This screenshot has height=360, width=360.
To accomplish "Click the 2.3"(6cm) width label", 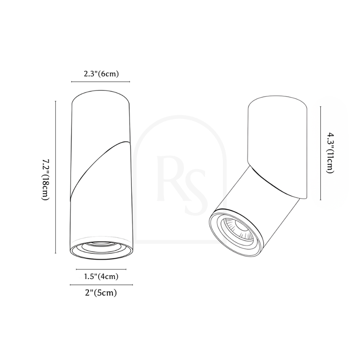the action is point(101,74).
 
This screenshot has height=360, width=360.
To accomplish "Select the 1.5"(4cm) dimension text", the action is point(101,276).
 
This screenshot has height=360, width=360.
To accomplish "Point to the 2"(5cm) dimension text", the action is point(101,293).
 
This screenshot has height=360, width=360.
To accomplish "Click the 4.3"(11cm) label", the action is point(330,153).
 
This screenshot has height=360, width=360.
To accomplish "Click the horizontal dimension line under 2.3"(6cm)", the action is point(100,81).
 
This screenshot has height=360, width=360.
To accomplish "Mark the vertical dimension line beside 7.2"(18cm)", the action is point(55,177).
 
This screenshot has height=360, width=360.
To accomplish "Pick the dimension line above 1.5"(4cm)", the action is point(101,269).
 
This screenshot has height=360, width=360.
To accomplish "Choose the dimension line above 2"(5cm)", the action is point(101,285).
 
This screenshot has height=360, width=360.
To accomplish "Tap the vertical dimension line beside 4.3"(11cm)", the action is point(320,153).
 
